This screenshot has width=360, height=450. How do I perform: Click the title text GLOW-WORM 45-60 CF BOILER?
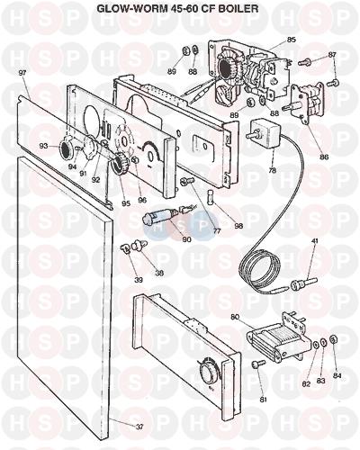(x=177, y=9)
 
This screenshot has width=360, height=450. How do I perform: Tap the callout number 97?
(x=22, y=73)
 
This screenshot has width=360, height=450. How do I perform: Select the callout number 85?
(x=292, y=40)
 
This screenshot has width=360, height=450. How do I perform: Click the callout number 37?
(x=139, y=427)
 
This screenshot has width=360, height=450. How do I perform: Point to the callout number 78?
(x=273, y=171)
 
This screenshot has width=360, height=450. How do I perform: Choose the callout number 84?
(x=337, y=375)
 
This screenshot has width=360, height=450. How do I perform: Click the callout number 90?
(x=186, y=239)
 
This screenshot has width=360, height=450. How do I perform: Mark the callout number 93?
(x=43, y=146)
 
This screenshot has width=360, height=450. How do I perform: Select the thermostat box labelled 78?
(x=264, y=133)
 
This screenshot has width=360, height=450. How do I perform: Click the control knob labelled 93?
(x=64, y=148)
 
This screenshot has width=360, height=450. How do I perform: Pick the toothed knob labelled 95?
(x=120, y=162)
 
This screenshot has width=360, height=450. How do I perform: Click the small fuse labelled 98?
(x=211, y=196)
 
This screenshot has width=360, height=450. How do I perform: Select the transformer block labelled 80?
(x=277, y=339)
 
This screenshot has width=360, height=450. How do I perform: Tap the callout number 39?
(x=139, y=280)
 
